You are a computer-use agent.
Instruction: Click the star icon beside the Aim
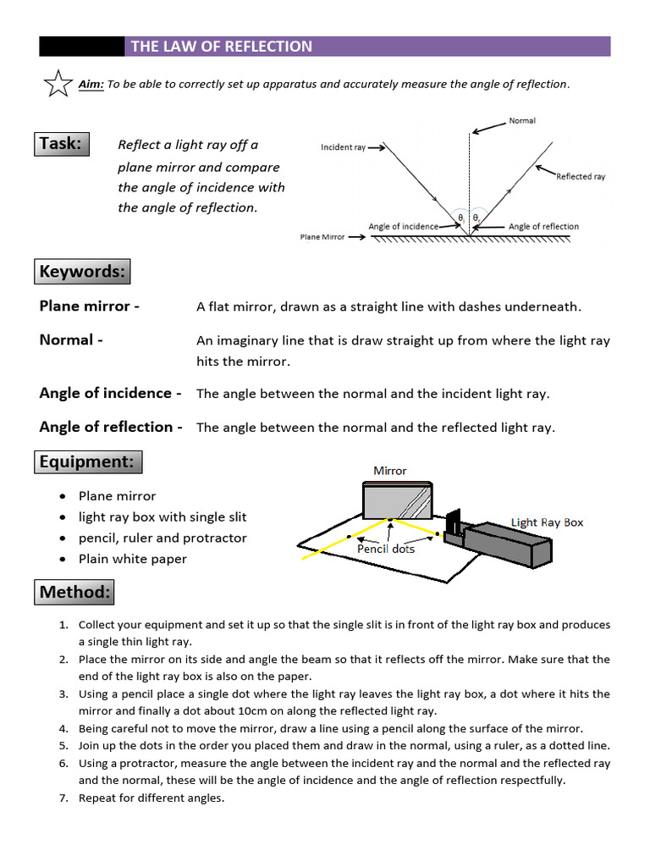pos(57,83)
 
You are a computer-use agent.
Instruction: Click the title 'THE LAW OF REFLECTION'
pos(222,47)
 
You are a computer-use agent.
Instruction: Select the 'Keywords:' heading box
pos(82,272)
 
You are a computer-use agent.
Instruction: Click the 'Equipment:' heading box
pos(88,462)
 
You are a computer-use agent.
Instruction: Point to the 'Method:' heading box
pos(74,592)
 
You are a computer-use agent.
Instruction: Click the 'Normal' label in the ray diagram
pos(521,121)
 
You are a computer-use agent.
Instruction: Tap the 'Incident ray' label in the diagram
pos(343,147)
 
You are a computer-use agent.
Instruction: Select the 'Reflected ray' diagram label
pos(581,177)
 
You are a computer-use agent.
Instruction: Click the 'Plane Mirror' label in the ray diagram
pos(322,237)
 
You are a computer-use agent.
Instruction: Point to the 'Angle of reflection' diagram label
pos(543,227)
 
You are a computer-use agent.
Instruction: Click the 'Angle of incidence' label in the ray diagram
pos(403,227)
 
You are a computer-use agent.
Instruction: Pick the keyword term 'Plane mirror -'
pos(90,306)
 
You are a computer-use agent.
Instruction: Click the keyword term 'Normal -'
pos(71,340)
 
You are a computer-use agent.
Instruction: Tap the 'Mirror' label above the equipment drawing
pos(390,471)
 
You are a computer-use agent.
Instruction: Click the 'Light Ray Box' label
pos(547,522)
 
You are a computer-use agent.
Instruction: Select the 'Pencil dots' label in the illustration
pos(386,549)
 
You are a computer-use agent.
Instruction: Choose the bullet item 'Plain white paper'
pos(133,559)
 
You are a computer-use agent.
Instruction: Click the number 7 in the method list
pos(63,798)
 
